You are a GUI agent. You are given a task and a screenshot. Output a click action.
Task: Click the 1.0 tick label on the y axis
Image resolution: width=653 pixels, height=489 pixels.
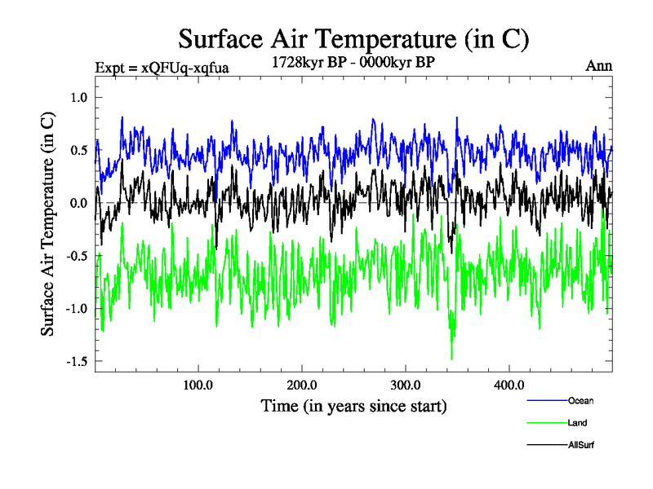tap(78, 98)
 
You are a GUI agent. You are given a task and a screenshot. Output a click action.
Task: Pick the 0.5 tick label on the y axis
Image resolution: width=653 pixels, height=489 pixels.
tap(78, 150)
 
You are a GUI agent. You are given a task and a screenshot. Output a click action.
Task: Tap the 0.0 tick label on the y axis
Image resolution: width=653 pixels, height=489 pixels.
tap(78, 203)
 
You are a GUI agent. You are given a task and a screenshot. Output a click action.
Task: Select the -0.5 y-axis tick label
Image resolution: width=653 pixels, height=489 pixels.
tap(75, 255)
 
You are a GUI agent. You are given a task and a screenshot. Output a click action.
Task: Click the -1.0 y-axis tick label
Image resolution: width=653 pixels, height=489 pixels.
tap(75, 308)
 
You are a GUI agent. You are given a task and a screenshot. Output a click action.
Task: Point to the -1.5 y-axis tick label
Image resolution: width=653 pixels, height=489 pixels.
tap(75, 361)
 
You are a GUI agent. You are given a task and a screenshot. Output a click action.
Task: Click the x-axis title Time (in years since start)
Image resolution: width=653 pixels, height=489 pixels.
tap(353, 405)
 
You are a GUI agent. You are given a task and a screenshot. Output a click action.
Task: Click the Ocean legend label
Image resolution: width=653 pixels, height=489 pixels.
tap(580, 400)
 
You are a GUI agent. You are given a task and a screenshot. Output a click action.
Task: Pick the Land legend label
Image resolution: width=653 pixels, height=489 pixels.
tap(577, 423)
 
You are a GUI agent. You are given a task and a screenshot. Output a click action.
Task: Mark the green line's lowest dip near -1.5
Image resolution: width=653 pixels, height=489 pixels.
tap(451, 358)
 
